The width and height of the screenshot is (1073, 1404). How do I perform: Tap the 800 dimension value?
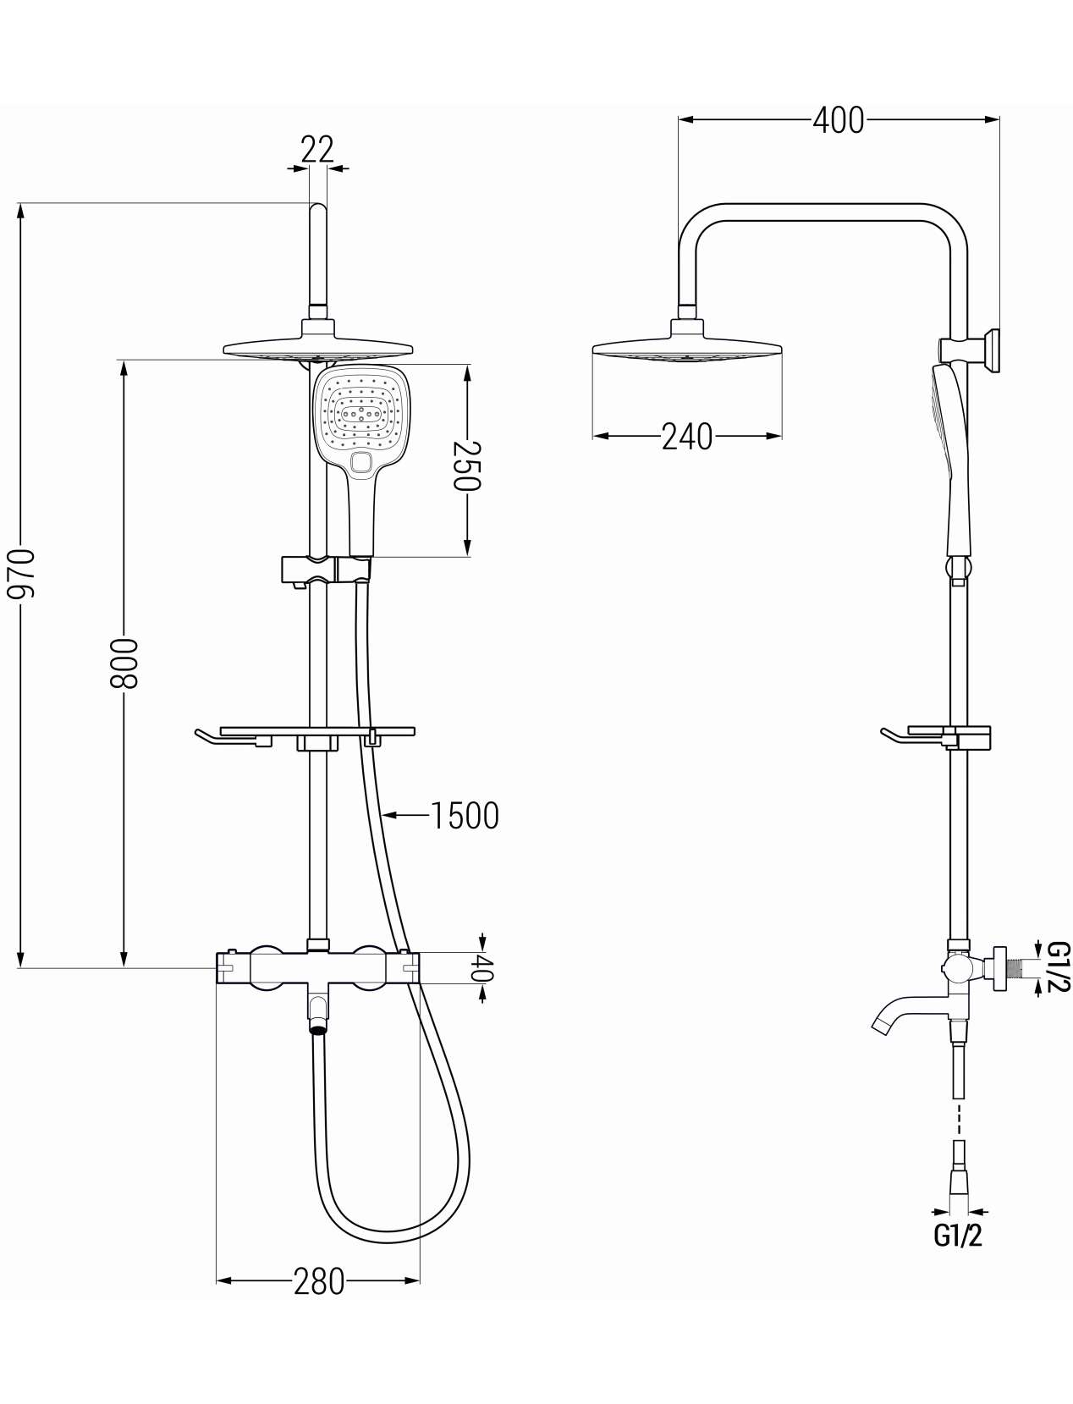[124, 663]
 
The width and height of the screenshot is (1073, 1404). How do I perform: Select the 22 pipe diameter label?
[318, 150]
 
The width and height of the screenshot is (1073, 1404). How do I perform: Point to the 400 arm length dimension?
[839, 120]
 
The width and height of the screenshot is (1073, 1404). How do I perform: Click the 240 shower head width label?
[687, 437]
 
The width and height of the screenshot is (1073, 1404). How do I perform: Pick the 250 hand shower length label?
[467, 465]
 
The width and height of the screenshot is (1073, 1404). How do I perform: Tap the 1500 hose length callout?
[465, 816]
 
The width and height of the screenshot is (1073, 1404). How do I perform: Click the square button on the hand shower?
[362, 462]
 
